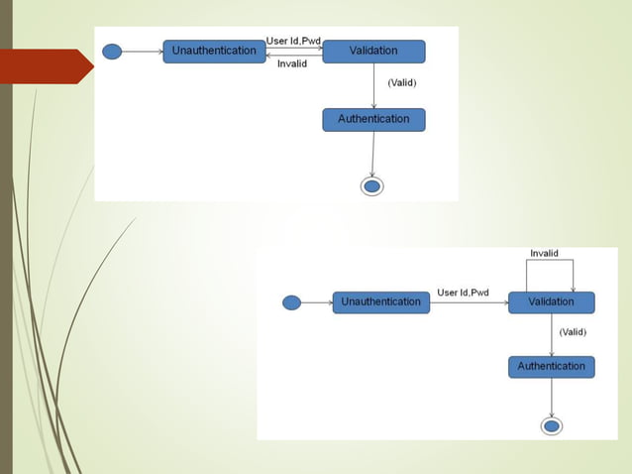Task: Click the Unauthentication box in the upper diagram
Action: pos(214,52)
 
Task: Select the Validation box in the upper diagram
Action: pos(373,52)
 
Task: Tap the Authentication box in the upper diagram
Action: pos(373,120)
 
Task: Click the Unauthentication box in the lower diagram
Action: pos(381,302)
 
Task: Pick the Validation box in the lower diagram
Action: pos(551,302)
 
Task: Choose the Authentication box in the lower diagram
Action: pos(551,367)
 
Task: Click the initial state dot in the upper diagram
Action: pos(112,52)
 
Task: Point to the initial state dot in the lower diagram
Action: pos(291,302)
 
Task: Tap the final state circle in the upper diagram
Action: pos(371,185)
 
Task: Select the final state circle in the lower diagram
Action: pos(552,425)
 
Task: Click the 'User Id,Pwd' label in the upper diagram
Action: pos(294,41)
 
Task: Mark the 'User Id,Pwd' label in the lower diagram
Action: pos(464,293)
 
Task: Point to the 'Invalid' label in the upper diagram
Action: pos(292,63)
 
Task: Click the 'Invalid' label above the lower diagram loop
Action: pos(544,254)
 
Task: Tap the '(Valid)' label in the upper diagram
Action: pos(401,82)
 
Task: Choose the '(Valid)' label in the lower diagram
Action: pos(573,332)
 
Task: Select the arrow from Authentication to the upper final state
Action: pos(372,154)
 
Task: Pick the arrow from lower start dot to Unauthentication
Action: pos(316,302)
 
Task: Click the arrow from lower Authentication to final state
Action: pos(551,397)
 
